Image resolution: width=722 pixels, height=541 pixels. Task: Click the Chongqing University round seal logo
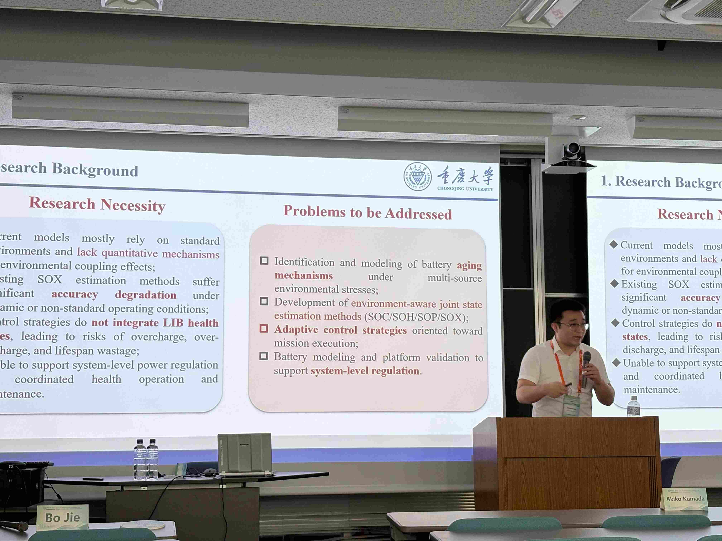coord(417,176)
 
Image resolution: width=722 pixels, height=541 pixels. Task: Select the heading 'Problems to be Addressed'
coord(367,213)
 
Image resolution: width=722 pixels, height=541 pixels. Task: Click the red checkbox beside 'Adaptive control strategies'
coord(264,328)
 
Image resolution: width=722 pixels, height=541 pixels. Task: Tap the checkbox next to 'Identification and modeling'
coord(264,261)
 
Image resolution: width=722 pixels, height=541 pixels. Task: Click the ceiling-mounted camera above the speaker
coord(570,152)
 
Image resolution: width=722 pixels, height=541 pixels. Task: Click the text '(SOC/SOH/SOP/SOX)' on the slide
coord(416,317)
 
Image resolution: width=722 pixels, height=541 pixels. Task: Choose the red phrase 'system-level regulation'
coord(365,371)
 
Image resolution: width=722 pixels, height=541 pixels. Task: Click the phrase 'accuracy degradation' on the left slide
coord(114,294)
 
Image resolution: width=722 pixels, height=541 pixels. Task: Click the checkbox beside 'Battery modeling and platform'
coord(263,356)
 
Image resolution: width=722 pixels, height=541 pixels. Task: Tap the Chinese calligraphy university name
coord(465,176)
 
